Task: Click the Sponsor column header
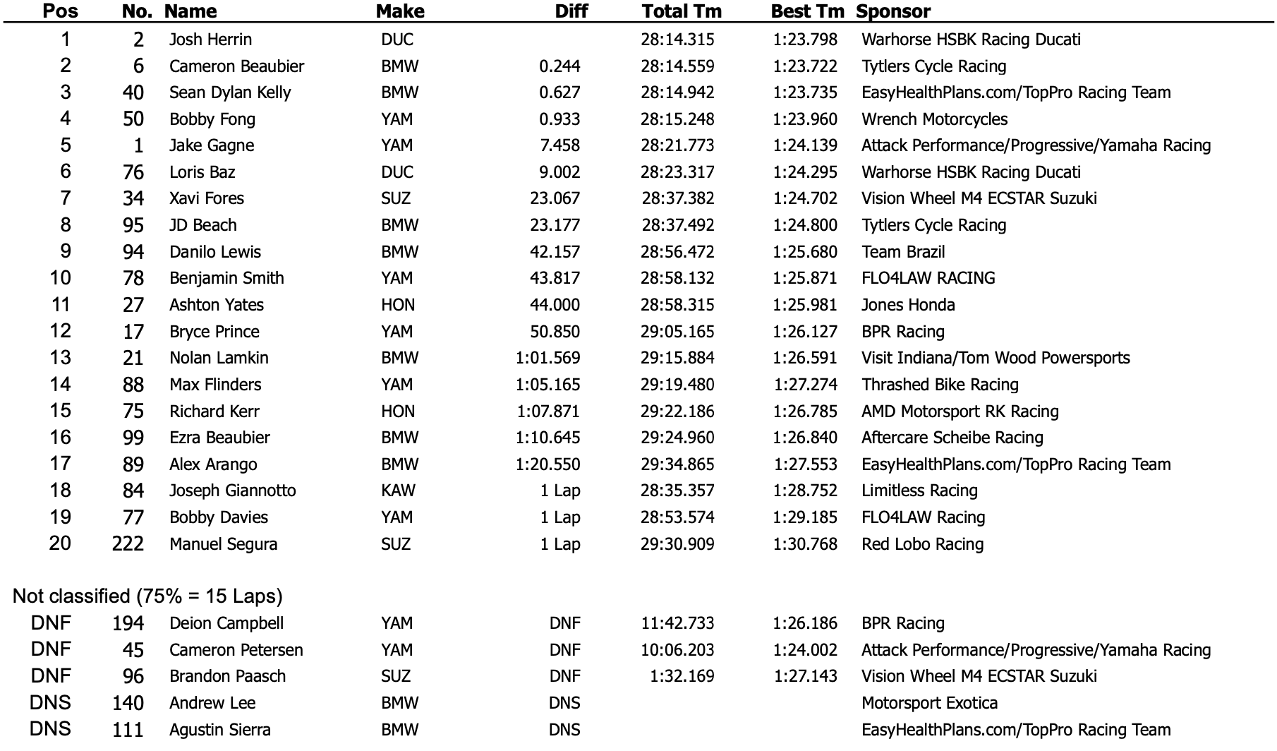(892, 11)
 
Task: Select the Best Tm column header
(807, 11)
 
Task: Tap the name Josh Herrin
(210, 40)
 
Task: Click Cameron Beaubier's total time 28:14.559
(677, 66)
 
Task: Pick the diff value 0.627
(559, 92)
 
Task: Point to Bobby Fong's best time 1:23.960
(805, 119)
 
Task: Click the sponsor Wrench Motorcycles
(934, 119)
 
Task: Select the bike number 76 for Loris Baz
(133, 172)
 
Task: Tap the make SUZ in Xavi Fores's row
(396, 198)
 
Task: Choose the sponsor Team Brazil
(902, 252)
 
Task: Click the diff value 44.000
(555, 305)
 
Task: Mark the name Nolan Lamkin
(219, 358)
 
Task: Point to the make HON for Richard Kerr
(398, 411)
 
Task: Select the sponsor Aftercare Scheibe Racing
(952, 438)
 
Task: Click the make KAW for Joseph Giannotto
(398, 491)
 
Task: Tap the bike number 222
(128, 544)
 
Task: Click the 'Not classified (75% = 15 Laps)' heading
(147, 596)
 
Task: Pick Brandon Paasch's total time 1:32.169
(682, 676)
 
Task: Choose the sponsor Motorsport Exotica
(929, 703)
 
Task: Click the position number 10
(60, 278)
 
